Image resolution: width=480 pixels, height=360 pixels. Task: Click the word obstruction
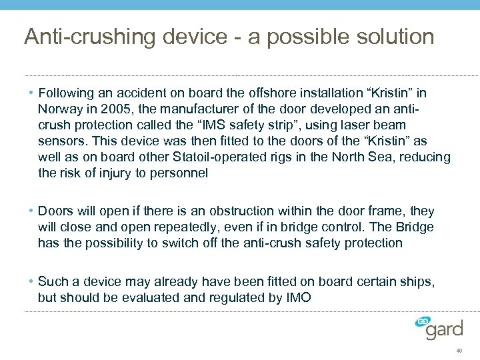[253, 211]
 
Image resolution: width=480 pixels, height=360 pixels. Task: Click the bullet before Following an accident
[31, 93]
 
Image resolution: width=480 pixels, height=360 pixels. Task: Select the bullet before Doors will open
[31, 211]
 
